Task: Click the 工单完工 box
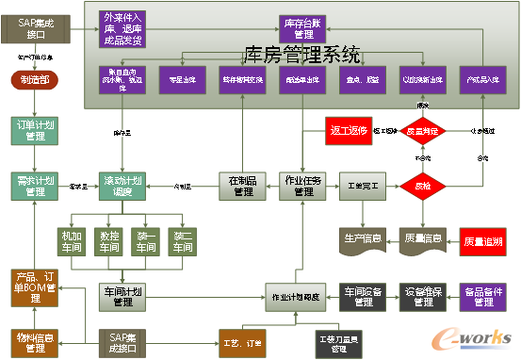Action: pos(363,186)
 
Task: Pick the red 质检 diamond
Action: pos(422,186)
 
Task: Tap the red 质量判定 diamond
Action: pos(422,132)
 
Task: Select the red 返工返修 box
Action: pos(350,131)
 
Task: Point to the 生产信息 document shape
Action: pos(363,238)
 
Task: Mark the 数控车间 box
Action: pos(109,243)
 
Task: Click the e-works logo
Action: pos(480,339)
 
